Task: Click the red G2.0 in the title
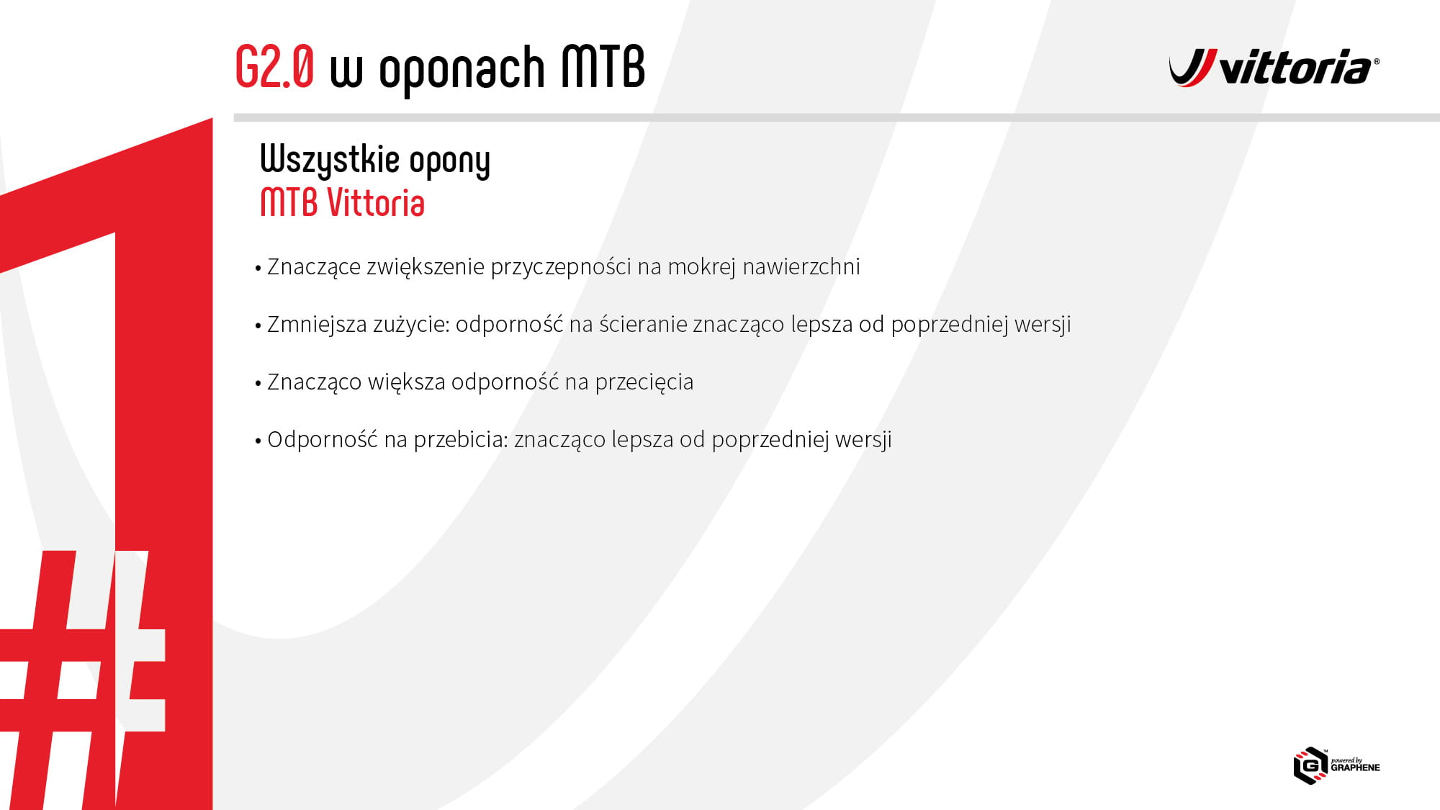(x=275, y=67)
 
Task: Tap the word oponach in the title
(x=462, y=70)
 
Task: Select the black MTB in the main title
(x=603, y=67)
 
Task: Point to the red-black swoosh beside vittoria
(x=1193, y=68)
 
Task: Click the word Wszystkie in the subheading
(x=330, y=160)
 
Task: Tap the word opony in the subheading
(x=450, y=162)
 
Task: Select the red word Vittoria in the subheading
(x=376, y=203)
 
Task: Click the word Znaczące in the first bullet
(x=314, y=267)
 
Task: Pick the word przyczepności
(x=561, y=267)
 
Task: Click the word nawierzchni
(x=801, y=266)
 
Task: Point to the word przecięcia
(x=644, y=382)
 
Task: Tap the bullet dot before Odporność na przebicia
(x=258, y=441)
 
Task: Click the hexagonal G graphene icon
(x=1310, y=765)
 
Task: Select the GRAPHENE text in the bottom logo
(x=1355, y=768)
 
